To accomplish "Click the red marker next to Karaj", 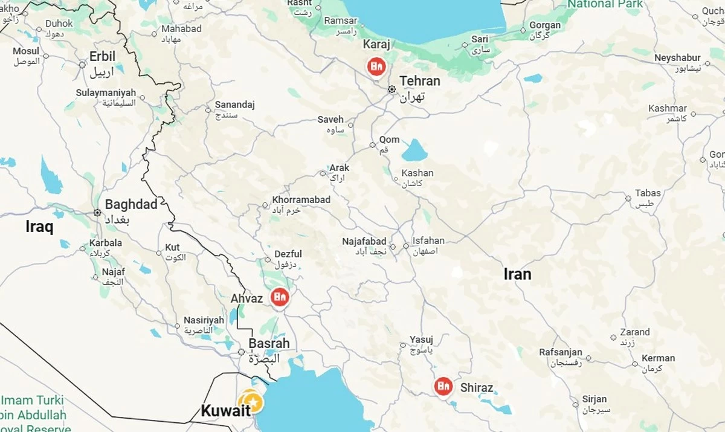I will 376,65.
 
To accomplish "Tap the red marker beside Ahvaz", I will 279,297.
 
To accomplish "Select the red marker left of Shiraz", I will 443,385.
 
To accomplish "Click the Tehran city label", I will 420,81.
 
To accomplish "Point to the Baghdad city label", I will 130,204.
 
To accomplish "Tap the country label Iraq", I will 39,227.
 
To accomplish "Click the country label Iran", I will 518,274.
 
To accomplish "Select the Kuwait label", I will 225,411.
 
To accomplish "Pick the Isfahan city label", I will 428,240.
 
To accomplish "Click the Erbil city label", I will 102,57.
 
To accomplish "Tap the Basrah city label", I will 269,343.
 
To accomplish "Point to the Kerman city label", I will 658,358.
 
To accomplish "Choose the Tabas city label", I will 648,193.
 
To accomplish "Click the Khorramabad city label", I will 301,199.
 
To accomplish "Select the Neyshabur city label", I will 677,58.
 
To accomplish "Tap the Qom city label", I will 389,140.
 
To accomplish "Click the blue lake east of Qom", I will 414,150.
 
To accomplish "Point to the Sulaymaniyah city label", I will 106,93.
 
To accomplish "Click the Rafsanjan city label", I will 561,352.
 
